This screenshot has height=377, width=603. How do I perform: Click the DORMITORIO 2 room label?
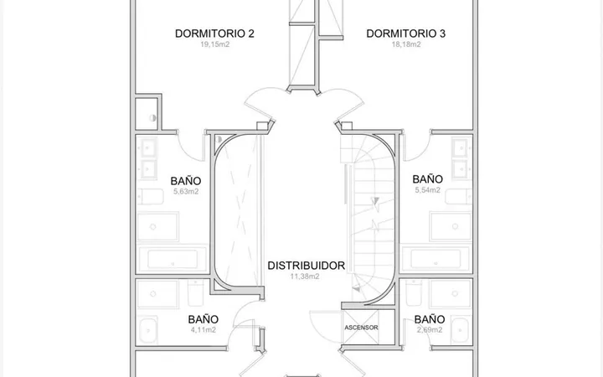point(214,34)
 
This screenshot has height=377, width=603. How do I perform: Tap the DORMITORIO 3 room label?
point(405,34)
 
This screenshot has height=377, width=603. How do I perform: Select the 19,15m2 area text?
point(214,44)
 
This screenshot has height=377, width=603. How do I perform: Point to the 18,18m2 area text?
point(406,44)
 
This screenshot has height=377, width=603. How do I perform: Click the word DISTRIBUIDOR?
point(307,266)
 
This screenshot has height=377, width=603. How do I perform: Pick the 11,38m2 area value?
point(305,276)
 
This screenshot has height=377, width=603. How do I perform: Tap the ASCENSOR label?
point(361,328)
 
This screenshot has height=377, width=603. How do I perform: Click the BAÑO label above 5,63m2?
point(186,181)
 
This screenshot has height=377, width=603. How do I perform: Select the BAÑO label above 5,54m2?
point(428,179)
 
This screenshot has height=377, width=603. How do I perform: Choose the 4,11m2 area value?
point(204,330)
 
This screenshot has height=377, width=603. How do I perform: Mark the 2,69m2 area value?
point(430,330)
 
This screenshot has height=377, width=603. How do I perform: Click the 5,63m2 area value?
point(186,191)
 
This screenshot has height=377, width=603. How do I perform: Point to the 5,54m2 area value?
point(428,189)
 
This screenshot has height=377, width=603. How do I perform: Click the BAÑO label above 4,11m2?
point(204,319)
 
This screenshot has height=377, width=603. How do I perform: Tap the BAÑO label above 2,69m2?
point(430,319)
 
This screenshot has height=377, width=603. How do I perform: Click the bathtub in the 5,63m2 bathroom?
point(173,259)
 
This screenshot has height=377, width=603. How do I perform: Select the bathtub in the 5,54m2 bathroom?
point(435,259)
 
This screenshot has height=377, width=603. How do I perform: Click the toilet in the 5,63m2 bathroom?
point(151,197)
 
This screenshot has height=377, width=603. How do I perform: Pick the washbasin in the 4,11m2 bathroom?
point(147,330)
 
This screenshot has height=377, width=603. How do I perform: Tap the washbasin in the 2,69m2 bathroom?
point(461,330)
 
